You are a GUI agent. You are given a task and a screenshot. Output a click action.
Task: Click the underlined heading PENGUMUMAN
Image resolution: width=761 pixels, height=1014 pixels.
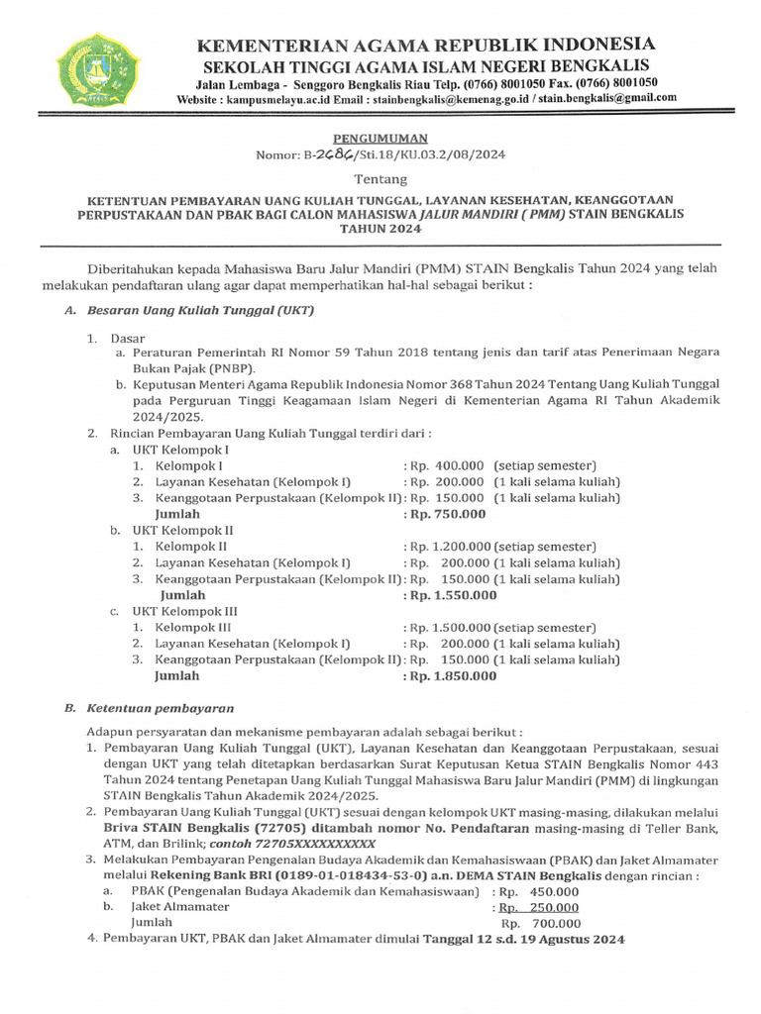pyautogui.click(x=380, y=139)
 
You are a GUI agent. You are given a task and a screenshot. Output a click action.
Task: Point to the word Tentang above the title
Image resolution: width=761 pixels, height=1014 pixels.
pyautogui.click(x=380, y=179)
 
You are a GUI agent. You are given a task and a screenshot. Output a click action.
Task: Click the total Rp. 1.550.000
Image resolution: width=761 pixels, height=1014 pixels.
pyautogui.click(x=450, y=595)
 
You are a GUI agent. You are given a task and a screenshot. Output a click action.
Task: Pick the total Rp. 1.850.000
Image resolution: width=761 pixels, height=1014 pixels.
pyautogui.click(x=450, y=676)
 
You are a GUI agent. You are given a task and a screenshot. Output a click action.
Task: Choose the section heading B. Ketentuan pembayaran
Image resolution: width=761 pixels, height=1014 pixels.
pyautogui.click(x=149, y=708)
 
